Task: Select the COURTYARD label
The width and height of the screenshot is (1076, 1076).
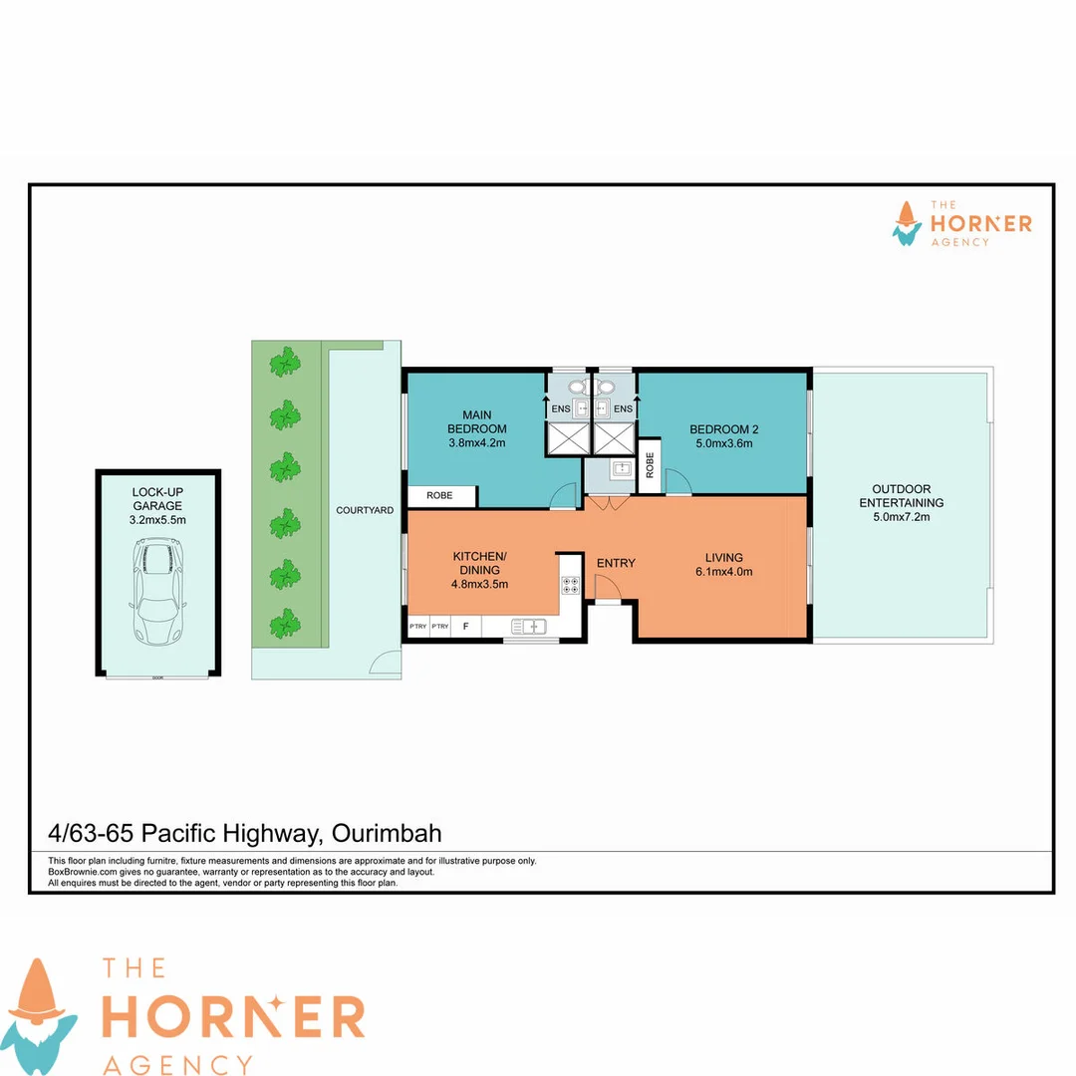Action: [x=365, y=510]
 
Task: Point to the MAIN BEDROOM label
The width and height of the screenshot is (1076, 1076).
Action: [x=476, y=421]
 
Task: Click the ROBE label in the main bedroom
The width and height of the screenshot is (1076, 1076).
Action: [x=439, y=495]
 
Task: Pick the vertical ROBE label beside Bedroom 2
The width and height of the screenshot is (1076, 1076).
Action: [x=650, y=466]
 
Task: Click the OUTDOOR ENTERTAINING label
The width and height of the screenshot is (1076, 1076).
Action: [x=901, y=496]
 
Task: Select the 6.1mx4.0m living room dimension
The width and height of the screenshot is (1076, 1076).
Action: [x=724, y=572]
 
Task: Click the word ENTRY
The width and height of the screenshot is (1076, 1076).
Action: [x=616, y=563]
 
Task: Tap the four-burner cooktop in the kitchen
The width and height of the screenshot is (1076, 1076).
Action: [x=571, y=585]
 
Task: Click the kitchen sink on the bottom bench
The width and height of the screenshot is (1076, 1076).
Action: [x=528, y=627]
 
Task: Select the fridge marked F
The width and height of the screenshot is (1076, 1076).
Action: [x=466, y=627]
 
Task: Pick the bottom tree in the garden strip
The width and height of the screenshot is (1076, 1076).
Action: [x=286, y=624]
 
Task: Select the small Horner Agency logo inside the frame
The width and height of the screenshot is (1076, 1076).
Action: [x=961, y=223]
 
